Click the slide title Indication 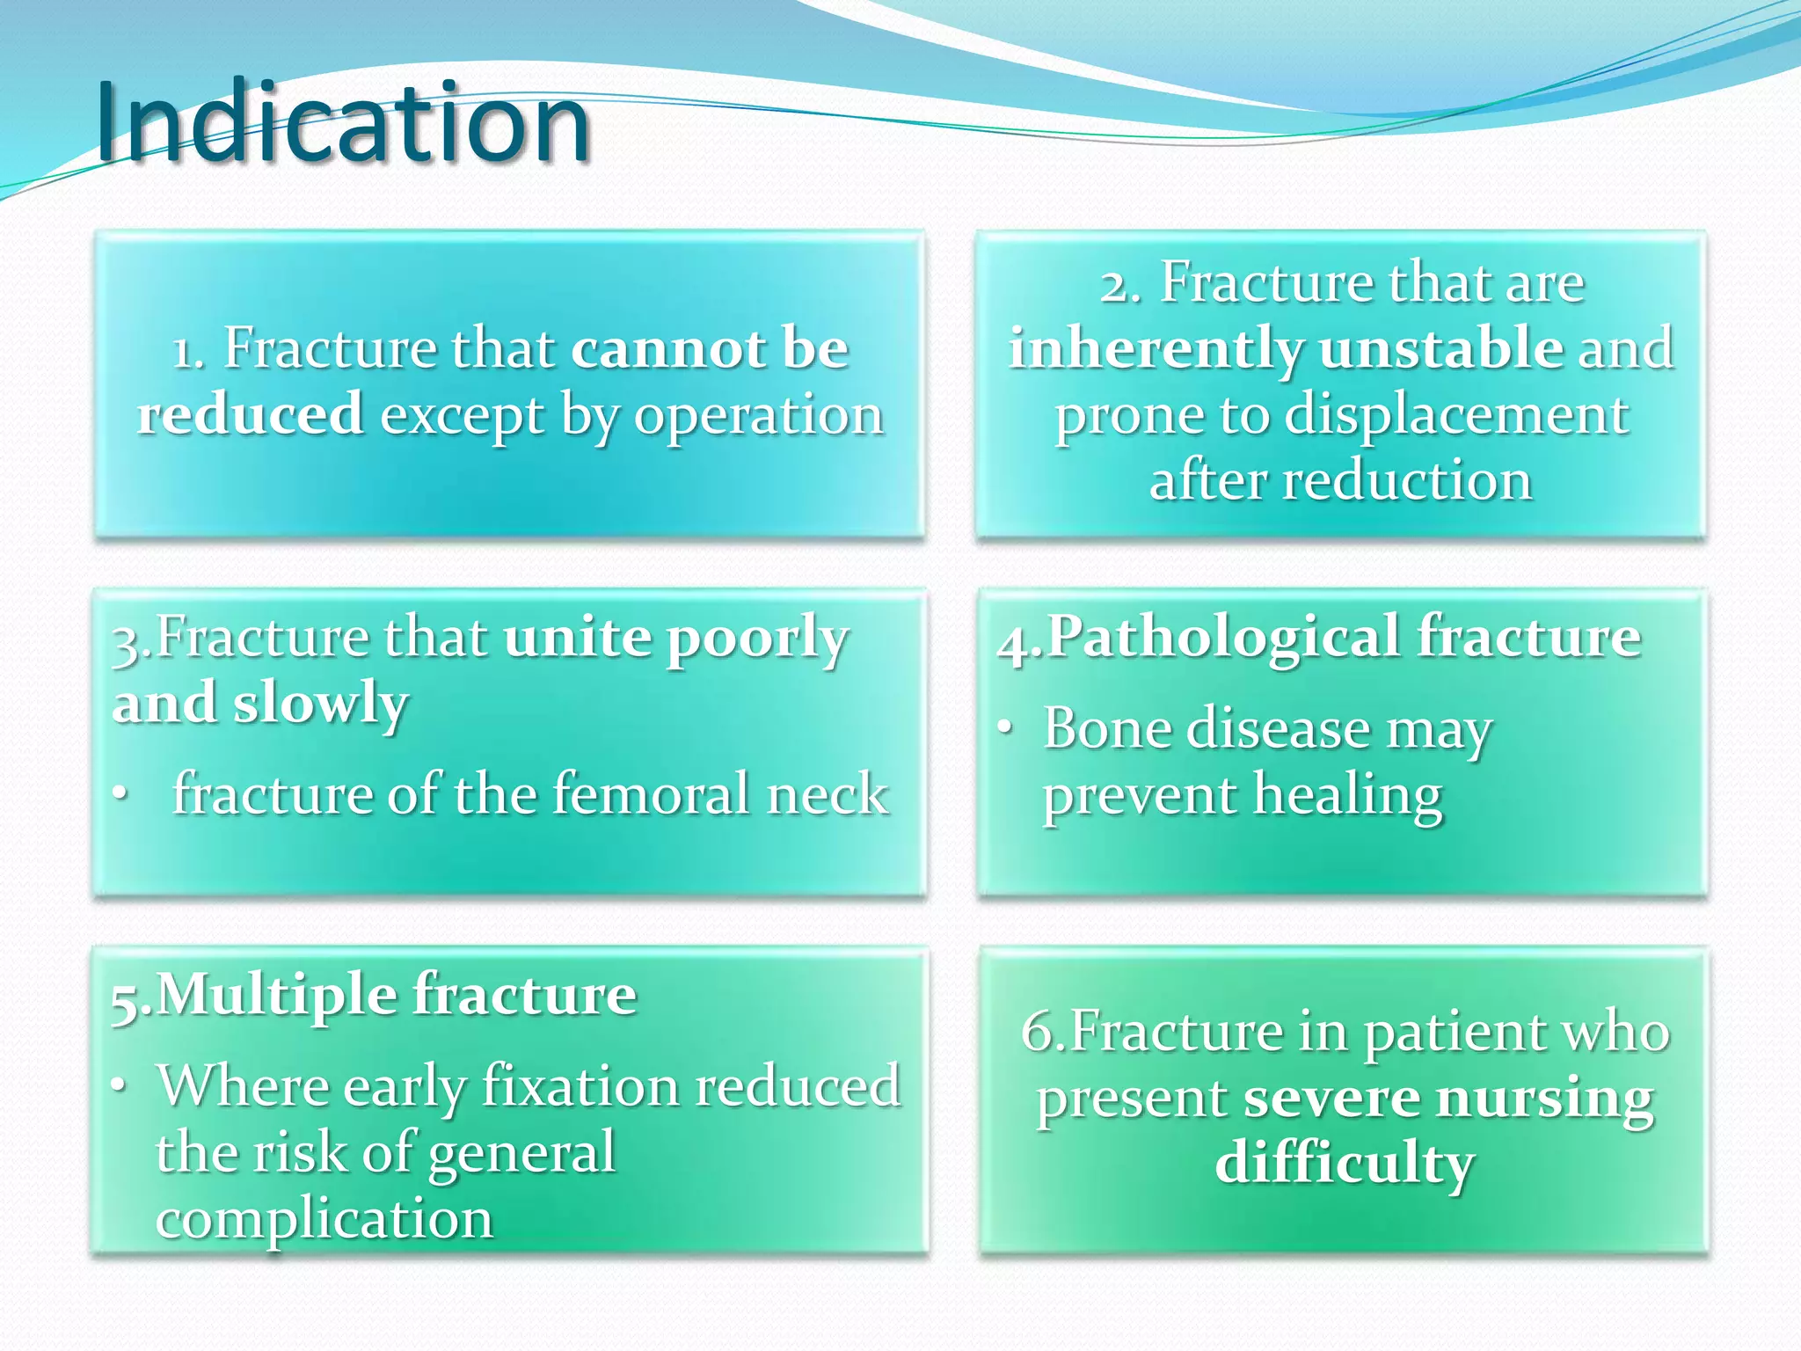pyautogui.click(x=343, y=123)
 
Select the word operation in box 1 pyautogui.click(x=759, y=415)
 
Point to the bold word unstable pyautogui.click(x=1440, y=349)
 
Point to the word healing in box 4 pyautogui.click(x=1347, y=796)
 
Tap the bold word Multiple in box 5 pyautogui.click(x=276, y=996)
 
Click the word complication pyautogui.click(x=324, y=1220)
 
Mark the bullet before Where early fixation pyautogui.click(x=120, y=1086)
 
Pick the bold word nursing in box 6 pyautogui.click(x=1544, y=1099)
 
